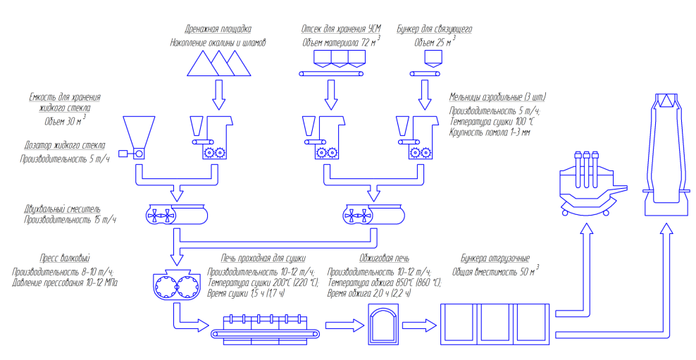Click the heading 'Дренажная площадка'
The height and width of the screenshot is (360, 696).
pos(218,30)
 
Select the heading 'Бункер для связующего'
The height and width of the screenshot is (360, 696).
pos(434,30)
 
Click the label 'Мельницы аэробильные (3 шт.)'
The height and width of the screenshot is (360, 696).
pos(497,97)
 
